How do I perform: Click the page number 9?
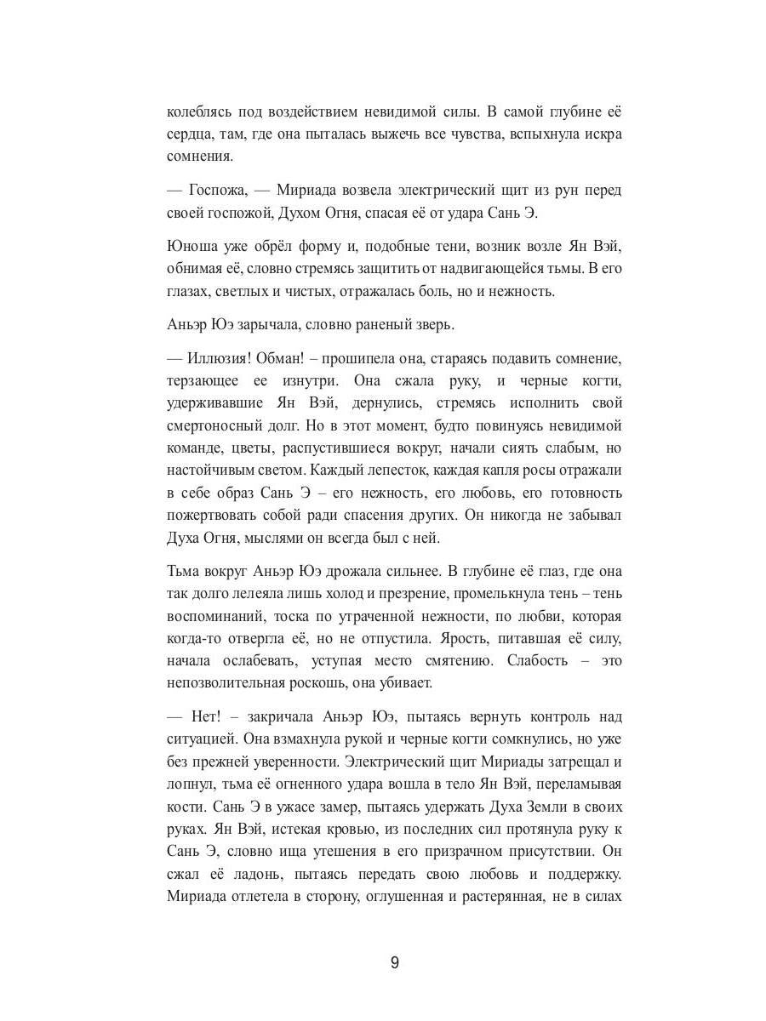pos(395,963)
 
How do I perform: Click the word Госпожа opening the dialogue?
pos(217,190)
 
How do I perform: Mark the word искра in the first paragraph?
pos(603,134)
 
